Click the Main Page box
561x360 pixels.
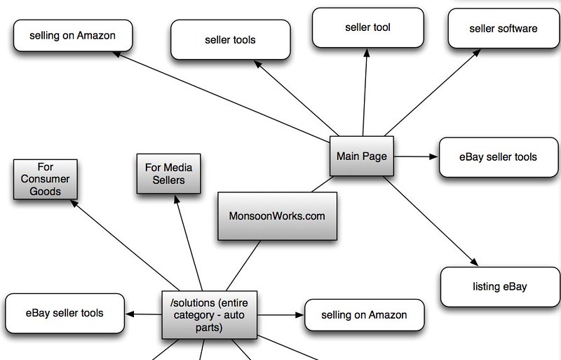[x=361, y=156]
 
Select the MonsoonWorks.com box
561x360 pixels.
[x=277, y=216]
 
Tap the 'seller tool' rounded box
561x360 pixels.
[x=367, y=27]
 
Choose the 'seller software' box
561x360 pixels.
[x=503, y=29]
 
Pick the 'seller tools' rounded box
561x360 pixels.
[x=231, y=40]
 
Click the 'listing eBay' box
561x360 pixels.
[x=500, y=286]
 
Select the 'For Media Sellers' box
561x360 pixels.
[x=168, y=174]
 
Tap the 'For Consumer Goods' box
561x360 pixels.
[x=46, y=179]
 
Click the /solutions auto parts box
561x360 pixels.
[x=209, y=315]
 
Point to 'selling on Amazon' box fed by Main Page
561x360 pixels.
[x=73, y=36]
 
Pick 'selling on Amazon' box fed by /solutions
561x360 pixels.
[x=364, y=315]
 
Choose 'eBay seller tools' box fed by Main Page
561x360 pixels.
[x=499, y=157]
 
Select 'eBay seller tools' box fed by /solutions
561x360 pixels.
[x=65, y=313]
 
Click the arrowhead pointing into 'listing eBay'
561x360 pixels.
[x=475, y=262]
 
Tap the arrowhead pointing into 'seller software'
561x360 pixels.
[x=477, y=53]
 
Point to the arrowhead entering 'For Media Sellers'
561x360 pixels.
[x=177, y=199]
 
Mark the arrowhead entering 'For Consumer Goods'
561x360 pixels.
[x=74, y=204]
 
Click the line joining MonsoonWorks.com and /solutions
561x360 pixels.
[x=243, y=265]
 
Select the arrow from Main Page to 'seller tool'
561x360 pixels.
[x=365, y=92]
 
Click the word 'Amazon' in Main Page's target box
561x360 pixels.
[x=96, y=36]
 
